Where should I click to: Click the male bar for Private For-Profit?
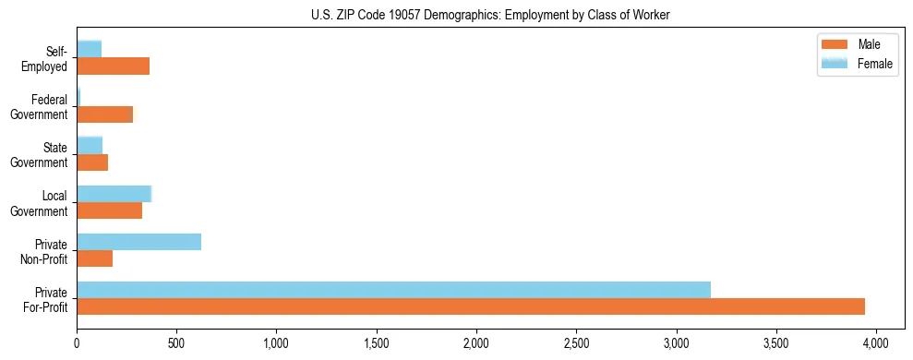(471, 306)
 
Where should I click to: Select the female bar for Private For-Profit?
(393, 290)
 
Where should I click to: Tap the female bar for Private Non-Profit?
(138, 242)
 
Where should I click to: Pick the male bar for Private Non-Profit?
(94, 258)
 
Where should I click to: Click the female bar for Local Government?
(114, 194)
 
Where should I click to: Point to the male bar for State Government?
(92, 162)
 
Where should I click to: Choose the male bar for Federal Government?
(104, 114)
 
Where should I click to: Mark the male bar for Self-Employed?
(113, 66)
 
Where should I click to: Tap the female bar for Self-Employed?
(89, 50)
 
